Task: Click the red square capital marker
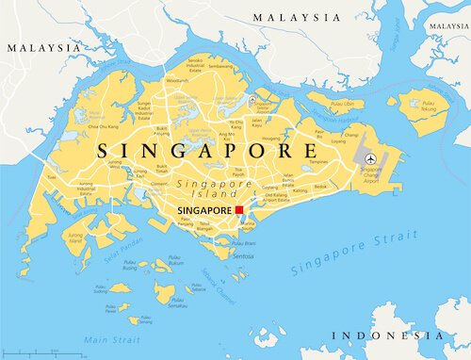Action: click(x=240, y=210)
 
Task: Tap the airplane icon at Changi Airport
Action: click(x=371, y=157)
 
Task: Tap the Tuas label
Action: click(x=52, y=176)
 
